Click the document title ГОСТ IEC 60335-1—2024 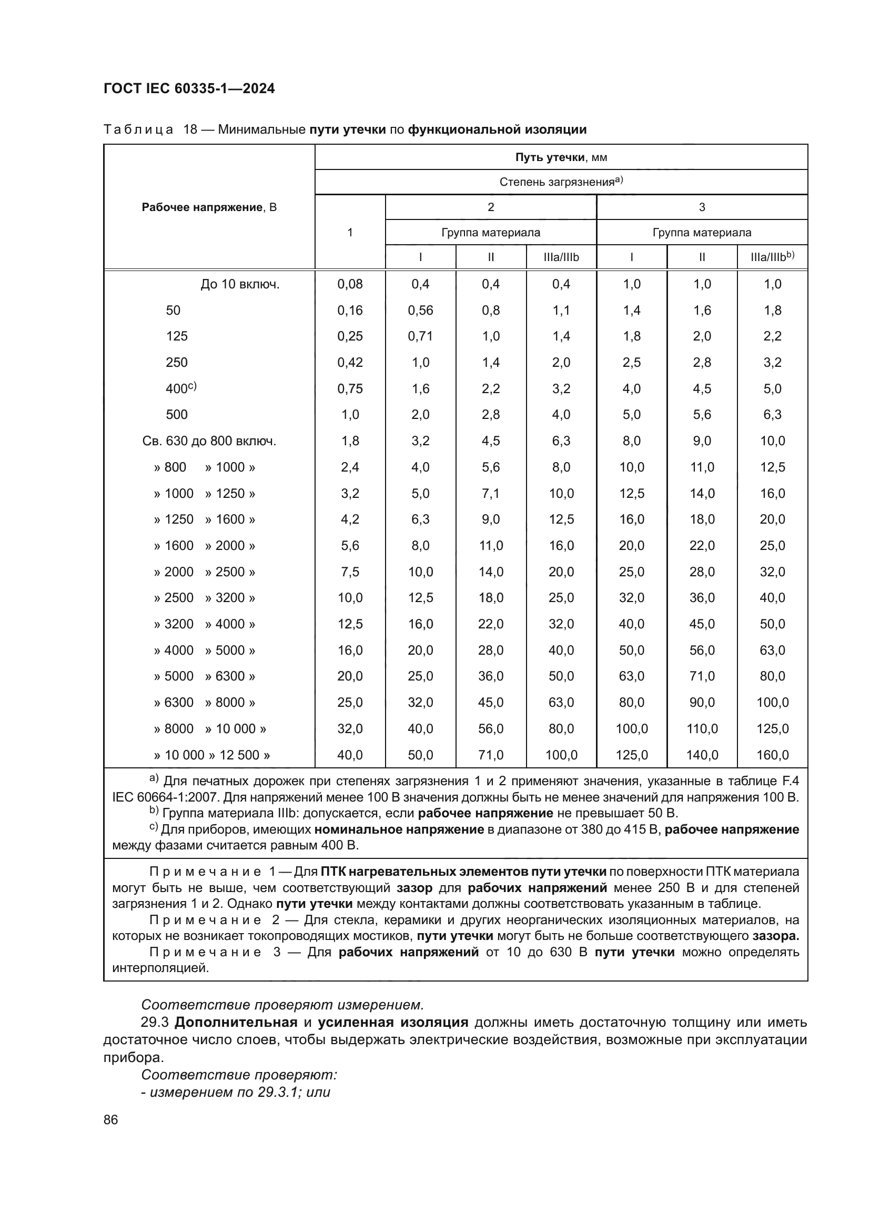tap(189, 88)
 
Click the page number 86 tap(111, 1119)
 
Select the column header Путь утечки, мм tap(561, 157)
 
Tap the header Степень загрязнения tap(561, 182)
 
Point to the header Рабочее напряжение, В tap(209, 207)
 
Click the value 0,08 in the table tap(350, 284)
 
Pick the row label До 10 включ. tap(240, 284)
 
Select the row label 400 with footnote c tap(180, 388)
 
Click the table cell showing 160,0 tap(773, 755)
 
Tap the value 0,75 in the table tap(350, 389)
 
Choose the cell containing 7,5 tap(350, 572)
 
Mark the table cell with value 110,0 tap(702, 728)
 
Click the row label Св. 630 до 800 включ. tap(209, 441)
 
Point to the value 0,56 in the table tap(421, 311)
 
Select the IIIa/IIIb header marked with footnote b tap(772, 257)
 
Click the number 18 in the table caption tap(190, 129)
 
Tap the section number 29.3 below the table tap(155, 1023)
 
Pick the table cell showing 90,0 tap(702, 703)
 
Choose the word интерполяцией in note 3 tap(160, 968)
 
